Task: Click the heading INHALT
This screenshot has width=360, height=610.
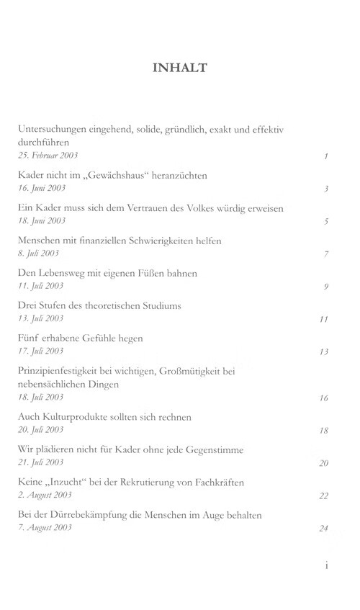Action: (x=180, y=68)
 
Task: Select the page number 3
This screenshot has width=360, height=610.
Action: (x=326, y=189)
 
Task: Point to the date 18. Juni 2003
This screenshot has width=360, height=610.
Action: (x=41, y=220)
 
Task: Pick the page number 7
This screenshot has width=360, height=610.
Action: (x=326, y=254)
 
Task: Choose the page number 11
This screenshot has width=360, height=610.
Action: (x=324, y=319)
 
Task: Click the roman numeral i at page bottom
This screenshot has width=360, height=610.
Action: (x=326, y=565)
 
